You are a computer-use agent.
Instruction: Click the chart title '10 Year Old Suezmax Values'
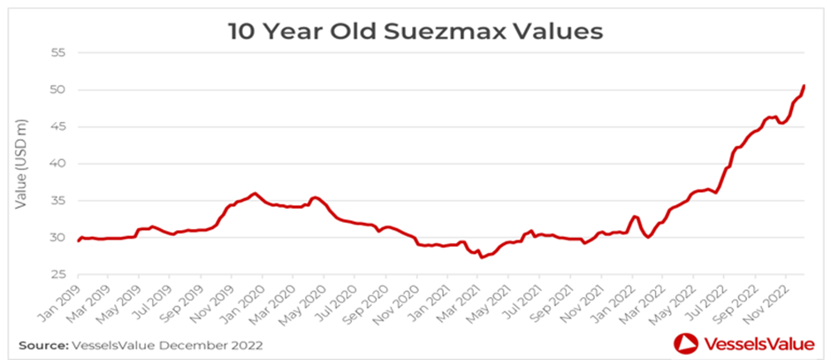(415, 32)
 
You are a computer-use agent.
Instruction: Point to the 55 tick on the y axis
(58, 53)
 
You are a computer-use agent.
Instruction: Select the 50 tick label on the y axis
(58, 90)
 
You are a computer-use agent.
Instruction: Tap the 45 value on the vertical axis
(58, 126)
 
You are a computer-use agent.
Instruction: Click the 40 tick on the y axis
(58, 164)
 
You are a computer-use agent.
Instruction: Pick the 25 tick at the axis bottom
(58, 274)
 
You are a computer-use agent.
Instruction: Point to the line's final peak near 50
(804, 86)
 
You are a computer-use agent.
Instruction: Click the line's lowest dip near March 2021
(481, 257)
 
